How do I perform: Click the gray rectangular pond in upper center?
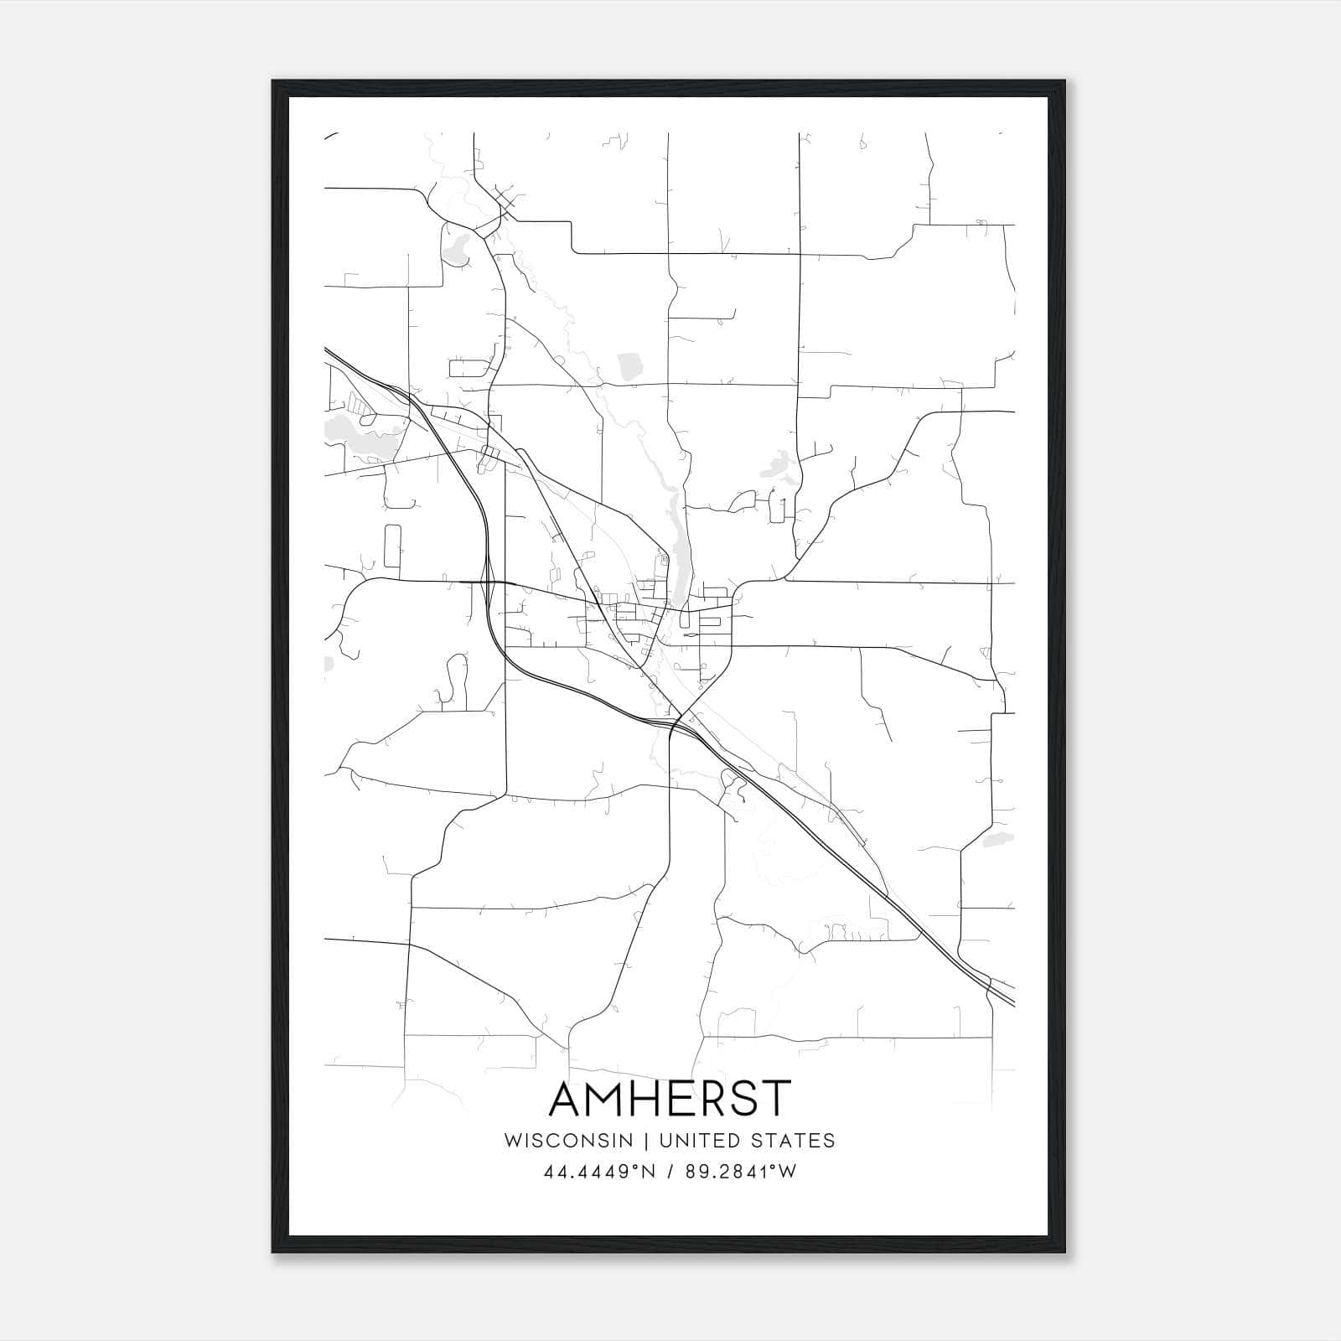629,366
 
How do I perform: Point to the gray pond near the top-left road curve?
457,249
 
